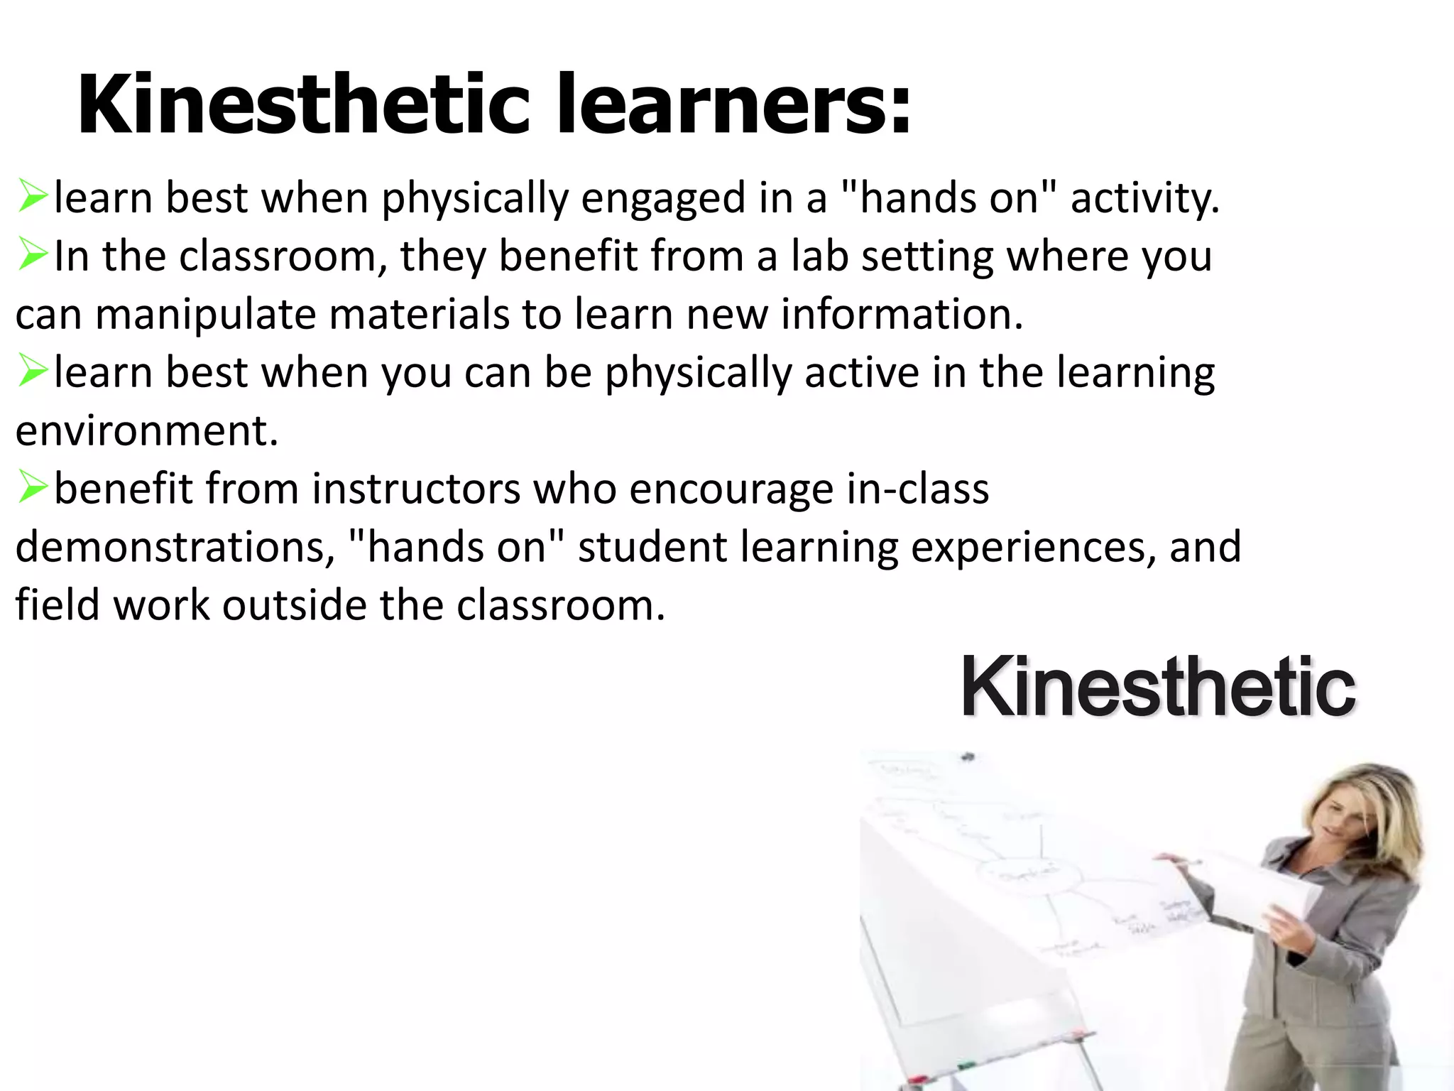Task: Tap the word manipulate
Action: [x=205, y=314]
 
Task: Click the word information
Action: [x=902, y=314]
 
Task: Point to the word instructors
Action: [x=416, y=489]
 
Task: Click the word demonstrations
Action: [x=175, y=547]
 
